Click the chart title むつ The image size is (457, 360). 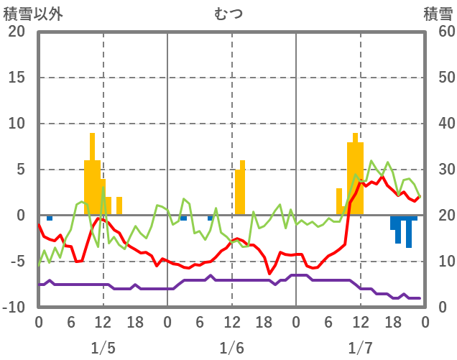(228, 14)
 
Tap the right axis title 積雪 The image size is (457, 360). (438, 14)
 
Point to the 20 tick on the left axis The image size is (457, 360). (17, 32)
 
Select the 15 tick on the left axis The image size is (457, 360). (17, 78)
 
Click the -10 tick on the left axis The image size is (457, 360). (14, 308)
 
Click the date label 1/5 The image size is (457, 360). (103, 349)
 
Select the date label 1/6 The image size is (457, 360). (231, 349)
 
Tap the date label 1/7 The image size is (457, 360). (360, 349)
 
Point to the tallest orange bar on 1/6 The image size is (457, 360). (243, 188)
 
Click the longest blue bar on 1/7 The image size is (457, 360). (409, 231)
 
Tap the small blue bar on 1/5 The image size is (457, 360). (50, 218)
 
